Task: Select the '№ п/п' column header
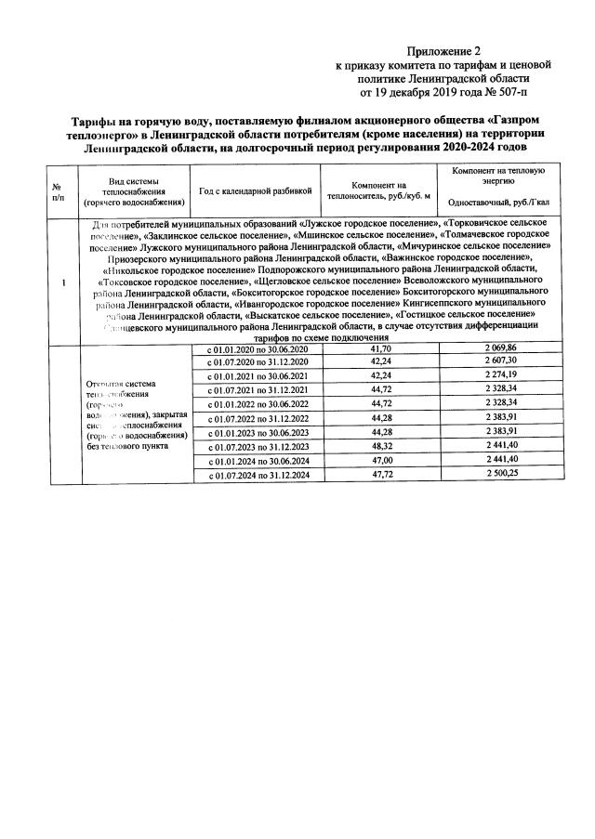pos(59,191)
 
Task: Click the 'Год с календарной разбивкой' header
pos(254,191)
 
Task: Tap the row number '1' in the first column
pos(61,283)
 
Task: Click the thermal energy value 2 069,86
pos(499,347)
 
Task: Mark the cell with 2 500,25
pos(499,475)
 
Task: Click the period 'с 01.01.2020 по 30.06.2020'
pos(256,347)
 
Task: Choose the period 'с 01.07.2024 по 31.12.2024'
pos(256,476)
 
